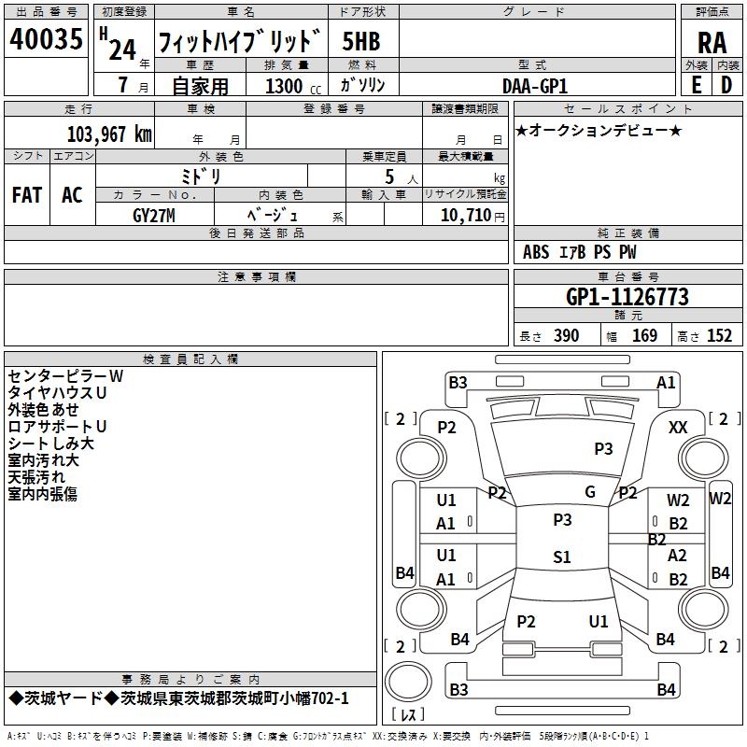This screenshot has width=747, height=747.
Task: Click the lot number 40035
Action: coord(46,38)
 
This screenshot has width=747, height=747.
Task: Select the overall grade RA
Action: coord(712,43)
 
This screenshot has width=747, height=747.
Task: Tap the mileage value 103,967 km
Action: coord(109,134)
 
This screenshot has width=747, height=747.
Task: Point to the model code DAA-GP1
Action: coord(535,86)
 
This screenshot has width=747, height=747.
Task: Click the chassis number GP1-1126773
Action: coord(627,297)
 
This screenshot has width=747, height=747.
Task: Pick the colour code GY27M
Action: coord(154,216)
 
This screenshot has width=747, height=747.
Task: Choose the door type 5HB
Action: coord(361,41)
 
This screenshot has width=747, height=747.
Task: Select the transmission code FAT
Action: coord(27,195)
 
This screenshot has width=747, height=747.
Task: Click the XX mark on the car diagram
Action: coord(678,428)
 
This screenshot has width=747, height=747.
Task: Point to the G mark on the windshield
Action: coord(590,492)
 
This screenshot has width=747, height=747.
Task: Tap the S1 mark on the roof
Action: coord(562,557)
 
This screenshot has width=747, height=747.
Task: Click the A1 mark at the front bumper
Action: coord(666,383)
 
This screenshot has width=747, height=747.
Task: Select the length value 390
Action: coord(567,335)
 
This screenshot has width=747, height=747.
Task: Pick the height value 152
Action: coord(719,335)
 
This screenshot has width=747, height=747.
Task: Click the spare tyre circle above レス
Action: coord(408,682)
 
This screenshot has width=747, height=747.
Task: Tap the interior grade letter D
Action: coord(726,85)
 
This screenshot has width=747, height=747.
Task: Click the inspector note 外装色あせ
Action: coord(43,410)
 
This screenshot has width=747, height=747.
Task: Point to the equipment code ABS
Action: coord(536,252)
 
